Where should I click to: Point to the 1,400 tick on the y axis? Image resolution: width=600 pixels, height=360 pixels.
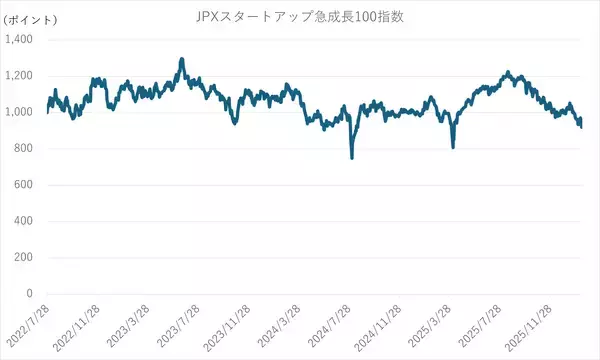[x=20, y=39]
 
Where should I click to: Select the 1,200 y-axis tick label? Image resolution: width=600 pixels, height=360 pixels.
[x=20, y=76]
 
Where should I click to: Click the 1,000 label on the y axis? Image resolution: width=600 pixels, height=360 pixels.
[x=20, y=112]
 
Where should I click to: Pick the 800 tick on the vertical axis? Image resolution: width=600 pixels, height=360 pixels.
[x=25, y=149]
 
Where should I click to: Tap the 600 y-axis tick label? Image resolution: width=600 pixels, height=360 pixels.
[x=25, y=185]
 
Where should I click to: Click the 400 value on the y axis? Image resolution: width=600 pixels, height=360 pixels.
[x=25, y=221]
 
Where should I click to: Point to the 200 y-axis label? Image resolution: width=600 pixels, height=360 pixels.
[x=25, y=258]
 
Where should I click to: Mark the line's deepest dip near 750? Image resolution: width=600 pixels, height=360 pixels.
[x=352, y=157]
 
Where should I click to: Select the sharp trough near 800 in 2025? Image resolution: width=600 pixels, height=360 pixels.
[x=453, y=147]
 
